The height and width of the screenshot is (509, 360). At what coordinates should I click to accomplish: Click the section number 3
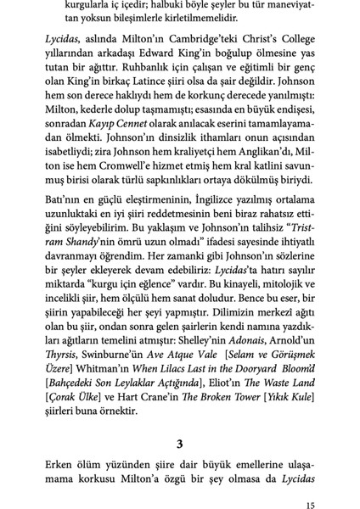point(180,443)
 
